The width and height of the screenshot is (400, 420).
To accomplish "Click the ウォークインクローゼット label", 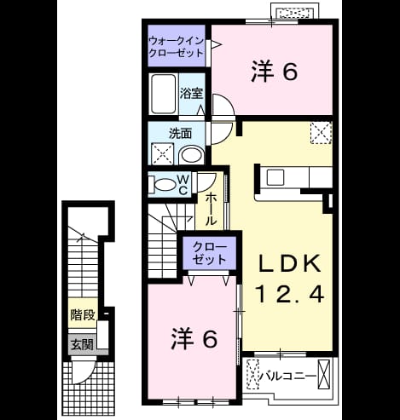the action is [177, 47].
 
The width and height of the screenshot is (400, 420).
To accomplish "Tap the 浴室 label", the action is [191, 94].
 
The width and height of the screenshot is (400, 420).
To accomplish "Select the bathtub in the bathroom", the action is [163, 94].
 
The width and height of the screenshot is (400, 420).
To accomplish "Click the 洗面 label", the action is [180, 134].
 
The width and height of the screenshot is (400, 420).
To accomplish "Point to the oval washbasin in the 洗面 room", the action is [191, 155].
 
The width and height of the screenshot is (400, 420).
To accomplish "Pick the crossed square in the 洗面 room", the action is [162, 153].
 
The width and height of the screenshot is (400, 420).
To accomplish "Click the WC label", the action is [183, 185].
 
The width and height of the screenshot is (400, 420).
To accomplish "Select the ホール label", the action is [211, 209].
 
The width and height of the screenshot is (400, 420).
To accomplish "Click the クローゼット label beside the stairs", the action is [210, 253].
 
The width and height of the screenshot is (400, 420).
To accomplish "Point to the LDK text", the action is [289, 264].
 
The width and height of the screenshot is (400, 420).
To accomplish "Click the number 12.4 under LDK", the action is [290, 294].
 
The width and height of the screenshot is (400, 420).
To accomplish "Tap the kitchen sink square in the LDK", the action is [275, 177].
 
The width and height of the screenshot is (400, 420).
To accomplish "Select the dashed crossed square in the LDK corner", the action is [321, 133].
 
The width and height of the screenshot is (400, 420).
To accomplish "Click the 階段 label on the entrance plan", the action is [83, 314].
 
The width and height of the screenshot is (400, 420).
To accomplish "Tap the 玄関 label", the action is [83, 344].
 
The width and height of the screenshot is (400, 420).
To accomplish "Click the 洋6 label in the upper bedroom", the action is [275, 72].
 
